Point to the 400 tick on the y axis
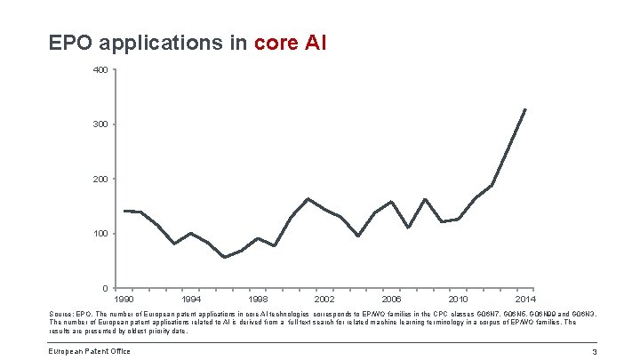[100, 69]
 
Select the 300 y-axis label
[100, 124]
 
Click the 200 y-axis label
[100, 179]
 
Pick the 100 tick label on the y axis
[100, 234]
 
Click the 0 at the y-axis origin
[105, 288]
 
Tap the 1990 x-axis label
[125, 300]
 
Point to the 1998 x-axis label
[259, 300]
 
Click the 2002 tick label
[324, 300]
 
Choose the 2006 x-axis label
[391, 300]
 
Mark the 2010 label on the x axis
[458, 300]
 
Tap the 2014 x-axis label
[524, 300]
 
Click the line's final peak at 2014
[525, 109]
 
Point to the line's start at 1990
[125, 211]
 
